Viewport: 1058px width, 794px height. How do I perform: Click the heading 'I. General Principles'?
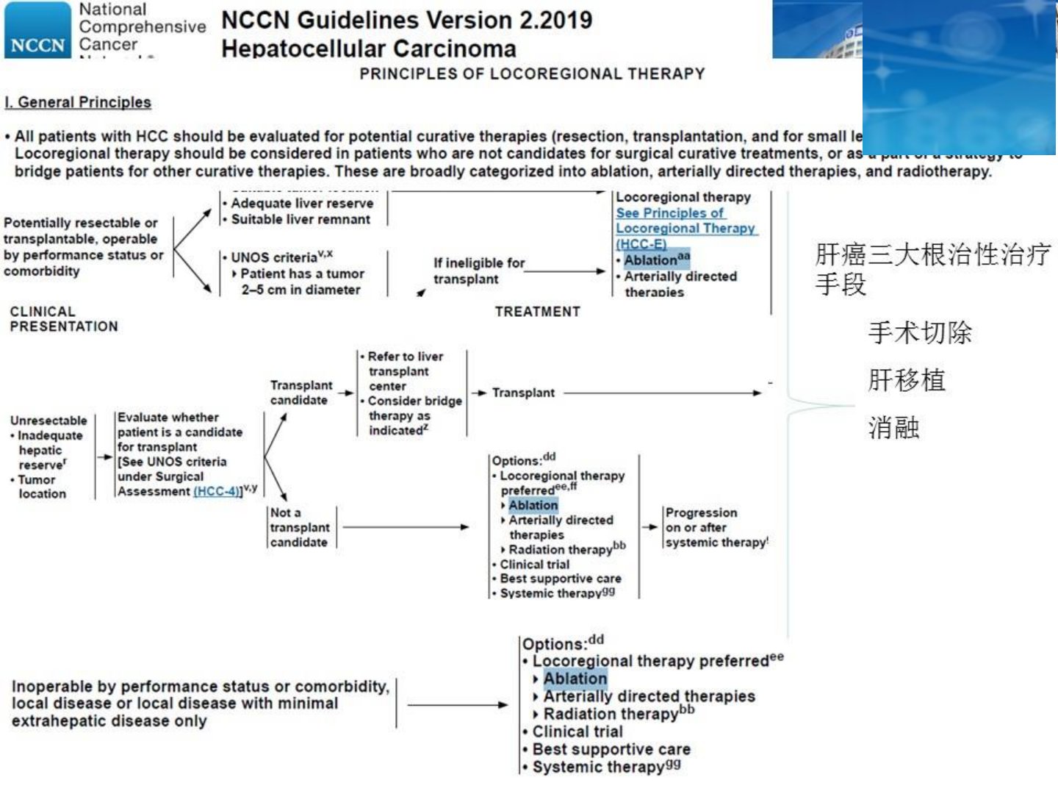[x=78, y=102]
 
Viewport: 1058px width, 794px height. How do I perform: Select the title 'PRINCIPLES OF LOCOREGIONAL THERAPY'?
[x=532, y=74]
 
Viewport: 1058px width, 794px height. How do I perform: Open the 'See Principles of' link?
[x=669, y=212]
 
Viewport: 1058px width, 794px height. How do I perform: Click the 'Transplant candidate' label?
[x=301, y=393]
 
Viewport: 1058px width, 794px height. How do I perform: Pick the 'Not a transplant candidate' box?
[x=300, y=527]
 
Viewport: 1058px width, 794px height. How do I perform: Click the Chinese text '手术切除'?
[x=920, y=333]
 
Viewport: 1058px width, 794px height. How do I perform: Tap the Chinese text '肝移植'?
[x=907, y=380]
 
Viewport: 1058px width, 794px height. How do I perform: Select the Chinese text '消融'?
[x=893, y=427]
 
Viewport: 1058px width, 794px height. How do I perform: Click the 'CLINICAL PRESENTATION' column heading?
[x=63, y=319]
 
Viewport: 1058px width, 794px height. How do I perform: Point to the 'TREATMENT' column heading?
[x=537, y=312]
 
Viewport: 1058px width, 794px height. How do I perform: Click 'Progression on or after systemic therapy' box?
[x=716, y=527]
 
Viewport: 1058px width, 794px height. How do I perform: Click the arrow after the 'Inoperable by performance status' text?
[x=456, y=705]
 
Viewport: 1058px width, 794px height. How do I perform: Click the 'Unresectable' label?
[x=48, y=421]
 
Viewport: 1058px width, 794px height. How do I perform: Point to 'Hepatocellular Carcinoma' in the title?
[x=369, y=49]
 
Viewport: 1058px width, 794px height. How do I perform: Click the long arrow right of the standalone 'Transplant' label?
[x=662, y=393]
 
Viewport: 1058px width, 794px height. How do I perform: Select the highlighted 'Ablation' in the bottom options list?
[x=575, y=679]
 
